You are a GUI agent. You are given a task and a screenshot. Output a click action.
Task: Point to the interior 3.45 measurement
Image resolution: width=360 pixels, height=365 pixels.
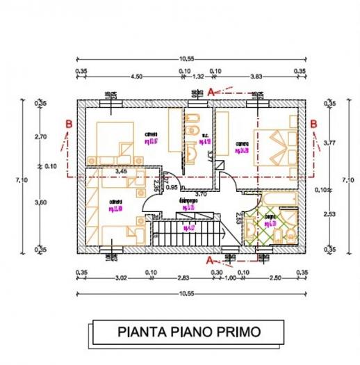(122, 170)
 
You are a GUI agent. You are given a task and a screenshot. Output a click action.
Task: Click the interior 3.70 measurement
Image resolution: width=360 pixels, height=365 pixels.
(201, 193)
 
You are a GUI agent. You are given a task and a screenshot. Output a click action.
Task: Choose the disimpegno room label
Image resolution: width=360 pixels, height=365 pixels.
(188, 201)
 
